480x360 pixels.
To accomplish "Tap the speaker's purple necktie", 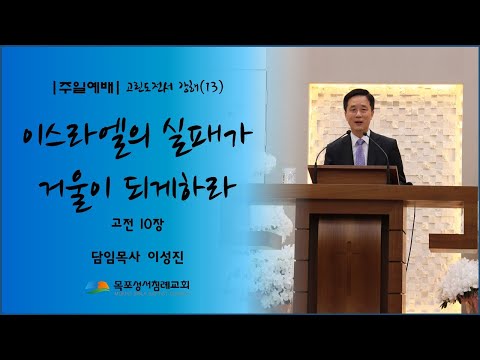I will pyautogui.click(x=361, y=154).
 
